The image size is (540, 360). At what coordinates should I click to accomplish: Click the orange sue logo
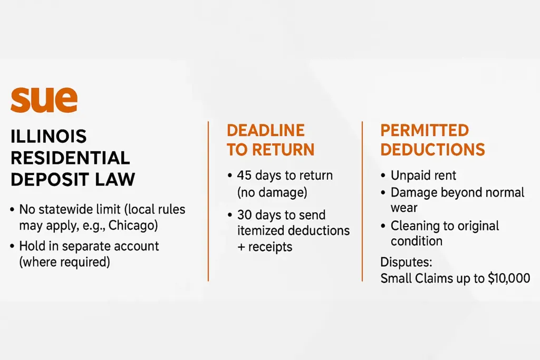click(44, 100)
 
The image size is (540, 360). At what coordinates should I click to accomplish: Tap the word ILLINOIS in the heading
click(49, 137)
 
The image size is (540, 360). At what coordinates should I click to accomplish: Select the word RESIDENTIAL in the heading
click(70, 158)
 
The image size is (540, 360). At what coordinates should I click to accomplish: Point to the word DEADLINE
click(266, 130)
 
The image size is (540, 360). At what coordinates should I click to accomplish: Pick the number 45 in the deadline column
click(244, 176)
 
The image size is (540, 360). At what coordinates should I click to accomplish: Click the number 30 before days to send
click(245, 215)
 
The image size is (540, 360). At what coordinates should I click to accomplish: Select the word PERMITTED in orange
click(425, 130)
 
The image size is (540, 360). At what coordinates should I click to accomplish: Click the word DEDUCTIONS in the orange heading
click(432, 150)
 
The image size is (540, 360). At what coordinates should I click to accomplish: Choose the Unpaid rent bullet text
click(423, 176)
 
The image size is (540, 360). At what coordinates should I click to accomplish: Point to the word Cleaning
click(415, 226)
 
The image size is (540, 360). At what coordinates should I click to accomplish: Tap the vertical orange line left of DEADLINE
click(208, 201)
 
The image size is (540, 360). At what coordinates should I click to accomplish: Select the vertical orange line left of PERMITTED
click(362, 201)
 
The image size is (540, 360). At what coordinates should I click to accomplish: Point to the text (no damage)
click(272, 192)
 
